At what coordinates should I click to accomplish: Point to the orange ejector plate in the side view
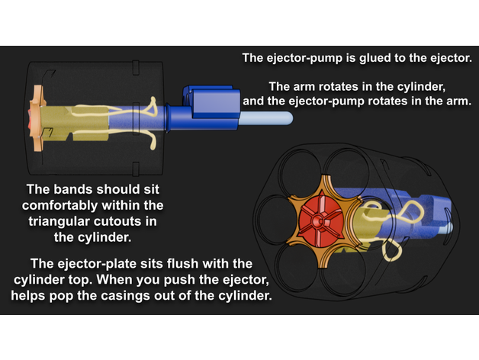coord(37,118)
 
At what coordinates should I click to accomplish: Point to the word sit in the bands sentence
coord(152,189)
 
